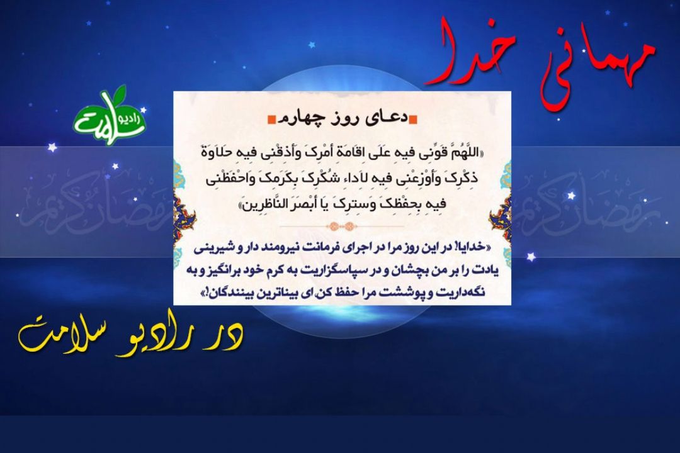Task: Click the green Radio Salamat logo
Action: [x=110, y=115]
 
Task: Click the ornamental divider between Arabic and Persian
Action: [x=342, y=226]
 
